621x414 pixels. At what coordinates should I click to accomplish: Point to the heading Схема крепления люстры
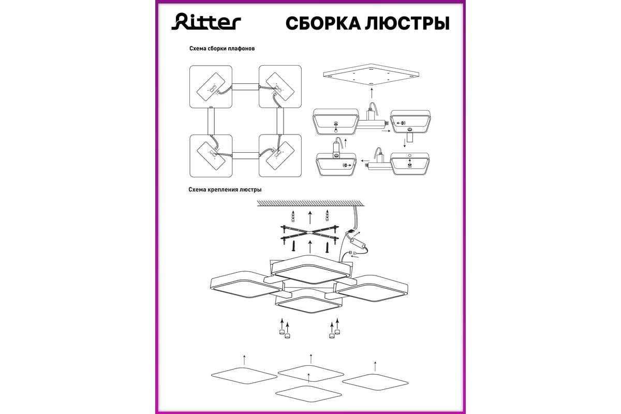click(225, 189)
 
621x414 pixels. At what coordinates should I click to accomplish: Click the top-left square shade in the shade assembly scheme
click(211, 87)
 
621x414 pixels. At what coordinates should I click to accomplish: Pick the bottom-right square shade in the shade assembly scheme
click(279, 156)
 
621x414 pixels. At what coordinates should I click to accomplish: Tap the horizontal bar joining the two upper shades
click(245, 87)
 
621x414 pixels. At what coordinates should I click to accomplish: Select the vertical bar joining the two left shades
click(211, 121)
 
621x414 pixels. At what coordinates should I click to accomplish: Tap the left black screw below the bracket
click(293, 247)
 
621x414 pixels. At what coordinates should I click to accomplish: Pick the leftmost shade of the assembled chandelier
click(240, 286)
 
